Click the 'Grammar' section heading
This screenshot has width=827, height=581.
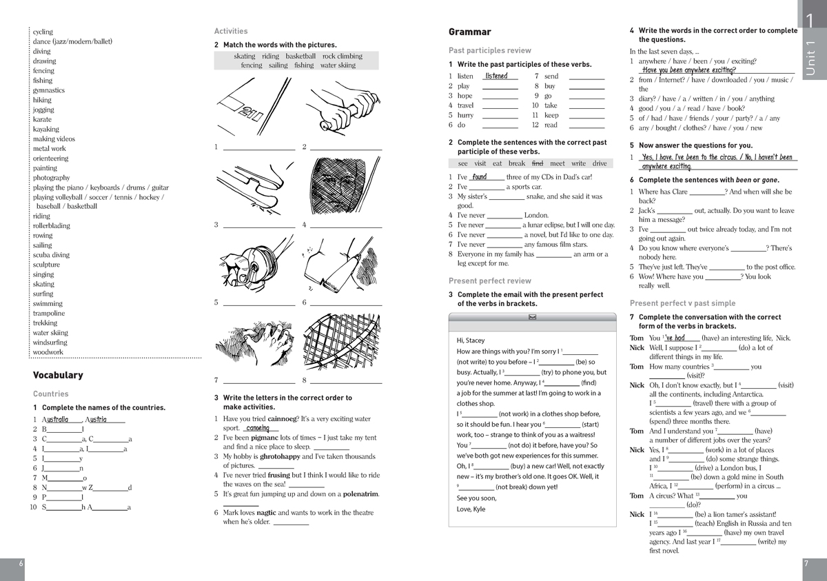[x=469, y=32]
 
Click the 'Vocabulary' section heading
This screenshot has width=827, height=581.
[x=58, y=375]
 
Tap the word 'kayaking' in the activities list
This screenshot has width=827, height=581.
[x=46, y=129]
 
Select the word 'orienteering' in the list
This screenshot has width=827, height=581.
[x=51, y=159]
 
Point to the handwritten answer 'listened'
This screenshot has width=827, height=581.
[x=496, y=76]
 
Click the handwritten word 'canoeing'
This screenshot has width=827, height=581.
[x=257, y=428]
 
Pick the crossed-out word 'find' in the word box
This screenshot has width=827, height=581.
[x=538, y=163]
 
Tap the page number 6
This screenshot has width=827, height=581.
[x=21, y=563]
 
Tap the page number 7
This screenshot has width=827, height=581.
[x=806, y=563]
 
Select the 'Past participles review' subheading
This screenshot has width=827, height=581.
[x=489, y=50]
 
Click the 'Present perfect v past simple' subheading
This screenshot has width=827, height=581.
[x=682, y=303]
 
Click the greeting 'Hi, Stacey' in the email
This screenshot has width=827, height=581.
[x=471, y=340]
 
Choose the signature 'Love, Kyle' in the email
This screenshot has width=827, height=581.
[x=471, y=509]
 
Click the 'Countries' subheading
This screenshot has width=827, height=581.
[x=51, y=394]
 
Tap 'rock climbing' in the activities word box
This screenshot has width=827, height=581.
[x=342, y=57]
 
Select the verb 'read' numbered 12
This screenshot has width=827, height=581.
[x=551, y=125]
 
